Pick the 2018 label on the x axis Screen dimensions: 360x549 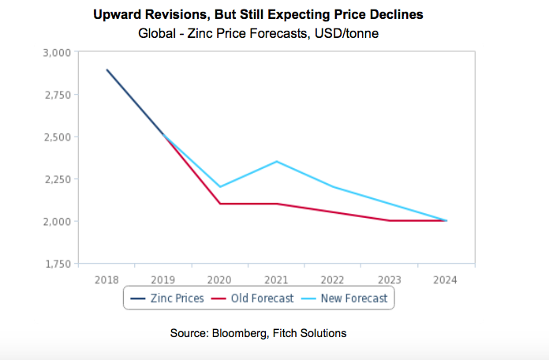pos(106,279)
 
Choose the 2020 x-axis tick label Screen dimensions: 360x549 pos(219,279)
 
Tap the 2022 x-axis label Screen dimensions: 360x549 pos(333,279)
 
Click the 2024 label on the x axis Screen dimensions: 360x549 pos(446,279)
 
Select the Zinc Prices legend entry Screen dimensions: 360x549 pos(167,298)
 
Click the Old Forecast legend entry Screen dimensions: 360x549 pos(256,298)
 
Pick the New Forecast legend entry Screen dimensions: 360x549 pos(347,298)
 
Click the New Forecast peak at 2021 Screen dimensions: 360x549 pos(277,161)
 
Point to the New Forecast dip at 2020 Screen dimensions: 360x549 pos(219,187)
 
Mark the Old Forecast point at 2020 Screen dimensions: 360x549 pos(219,204)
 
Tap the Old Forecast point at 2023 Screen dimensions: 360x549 pos(390,220)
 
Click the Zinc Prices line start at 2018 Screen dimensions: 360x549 pos(106,69)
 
